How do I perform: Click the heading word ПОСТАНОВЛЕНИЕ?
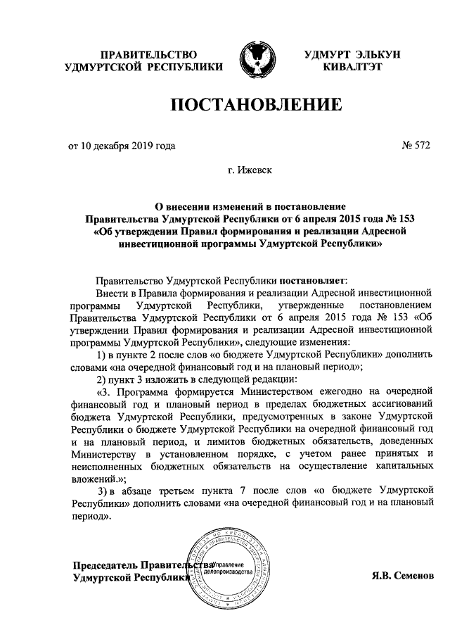click(x=257, y=106)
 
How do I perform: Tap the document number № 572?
click(x=415, y=146)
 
